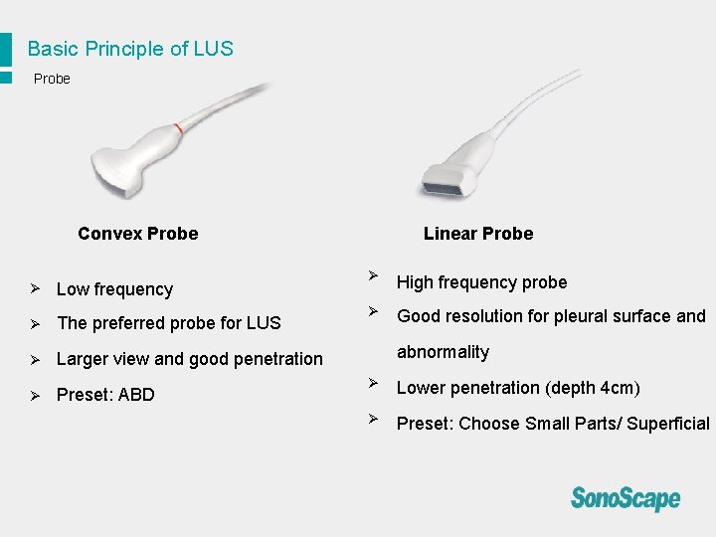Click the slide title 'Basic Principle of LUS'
point(130,49)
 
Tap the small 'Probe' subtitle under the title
point(52,79)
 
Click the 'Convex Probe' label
point(137,234)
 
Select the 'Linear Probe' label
point(477,234)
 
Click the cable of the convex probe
point(234,99)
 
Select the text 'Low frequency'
point(114,289)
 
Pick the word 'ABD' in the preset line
point(135,395)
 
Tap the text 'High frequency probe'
point(481,282)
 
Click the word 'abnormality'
point(443,352)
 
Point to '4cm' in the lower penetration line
point(618,388)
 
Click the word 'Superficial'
point(668,424)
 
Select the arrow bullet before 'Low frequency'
point(34,288)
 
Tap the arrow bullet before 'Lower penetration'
point(372,382)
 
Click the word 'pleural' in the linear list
point(584,316)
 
